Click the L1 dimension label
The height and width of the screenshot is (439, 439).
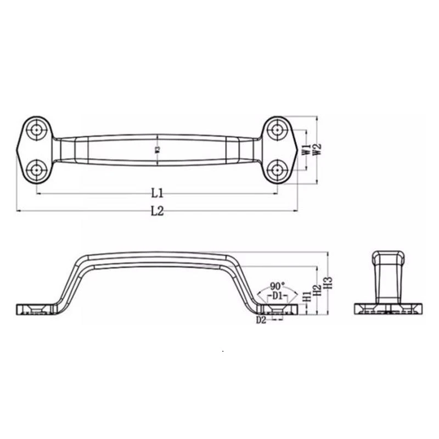tap(157, 193)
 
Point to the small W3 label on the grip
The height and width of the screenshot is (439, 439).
tap(157, 149)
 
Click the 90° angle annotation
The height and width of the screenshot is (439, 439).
tap(278, 286)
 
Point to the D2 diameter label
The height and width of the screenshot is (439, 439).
tap(261, 320)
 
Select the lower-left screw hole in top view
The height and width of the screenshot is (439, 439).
tap(37, 169)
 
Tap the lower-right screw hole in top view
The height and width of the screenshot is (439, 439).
tap(277, 169)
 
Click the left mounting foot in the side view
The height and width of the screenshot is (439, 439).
tap(36, 309)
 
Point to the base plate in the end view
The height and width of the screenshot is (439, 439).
tap(389, 309)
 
